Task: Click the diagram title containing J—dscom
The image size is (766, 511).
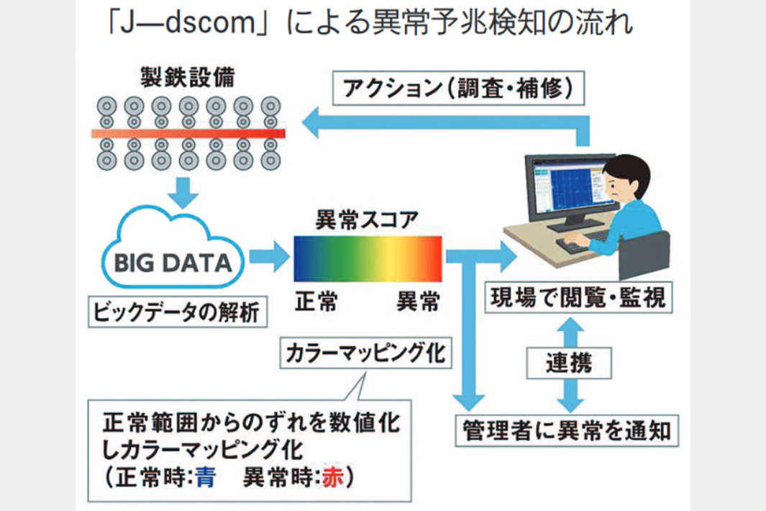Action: coord(368,23)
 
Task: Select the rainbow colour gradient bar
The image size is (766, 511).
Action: coord(368,258)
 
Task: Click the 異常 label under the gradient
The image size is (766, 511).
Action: coord(418,302)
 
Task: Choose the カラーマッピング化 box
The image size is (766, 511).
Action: coord(367,353)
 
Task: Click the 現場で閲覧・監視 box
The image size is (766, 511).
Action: coord(580,297)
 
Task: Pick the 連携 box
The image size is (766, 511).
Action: coord(570,362)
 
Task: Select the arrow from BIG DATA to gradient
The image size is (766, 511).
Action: coord(268,257)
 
